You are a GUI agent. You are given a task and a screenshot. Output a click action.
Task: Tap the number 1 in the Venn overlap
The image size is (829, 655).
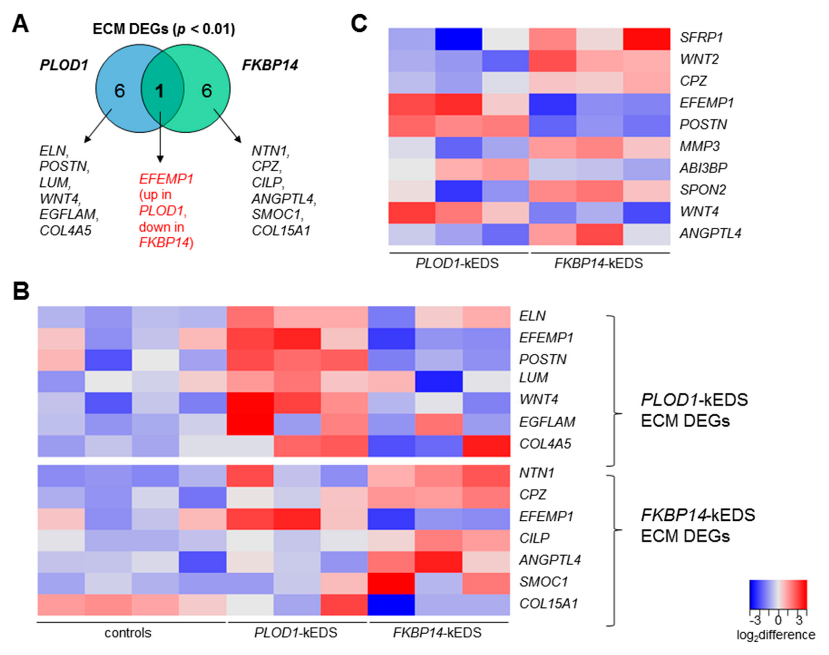pyautogui.click(x=159, y=91)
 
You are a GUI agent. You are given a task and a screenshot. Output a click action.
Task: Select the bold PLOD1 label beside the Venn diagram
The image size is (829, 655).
pyautogui.click(x=64, y=65)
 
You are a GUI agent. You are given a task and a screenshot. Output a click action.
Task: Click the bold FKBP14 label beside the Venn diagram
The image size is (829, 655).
pyautogui.click(x=270, y=65)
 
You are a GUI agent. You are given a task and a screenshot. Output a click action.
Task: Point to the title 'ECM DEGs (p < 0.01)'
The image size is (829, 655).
pyautogui.click(x=164, y=29)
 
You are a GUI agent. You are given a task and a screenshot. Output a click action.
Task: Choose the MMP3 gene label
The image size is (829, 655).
pyautogui.click(x=700, y=146)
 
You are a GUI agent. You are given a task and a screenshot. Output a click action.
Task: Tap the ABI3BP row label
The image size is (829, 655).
pyautogui.click(x=703, y=168)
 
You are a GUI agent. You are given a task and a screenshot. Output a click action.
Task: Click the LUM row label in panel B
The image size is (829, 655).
pyautogui.click(x=533, y=378)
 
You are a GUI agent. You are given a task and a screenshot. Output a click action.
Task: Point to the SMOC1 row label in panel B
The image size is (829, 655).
pyautogui.click(x=543, y=582)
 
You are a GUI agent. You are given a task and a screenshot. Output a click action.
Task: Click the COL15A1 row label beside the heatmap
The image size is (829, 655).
pyautogui.click(x=548, y=604)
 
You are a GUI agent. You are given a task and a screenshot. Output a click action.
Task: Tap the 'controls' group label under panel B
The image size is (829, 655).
pyautogui.click(x=128, y=633)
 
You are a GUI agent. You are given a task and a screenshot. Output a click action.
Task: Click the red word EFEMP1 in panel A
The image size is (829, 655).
pyautogui.click(x=166, y=179)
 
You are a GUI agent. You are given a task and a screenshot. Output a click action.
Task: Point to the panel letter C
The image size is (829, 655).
pyautogui.click(x=359, y=24)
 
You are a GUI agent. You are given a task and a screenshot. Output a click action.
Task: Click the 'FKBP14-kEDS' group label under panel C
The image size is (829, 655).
pyautogui.click(x=598, y=263)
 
